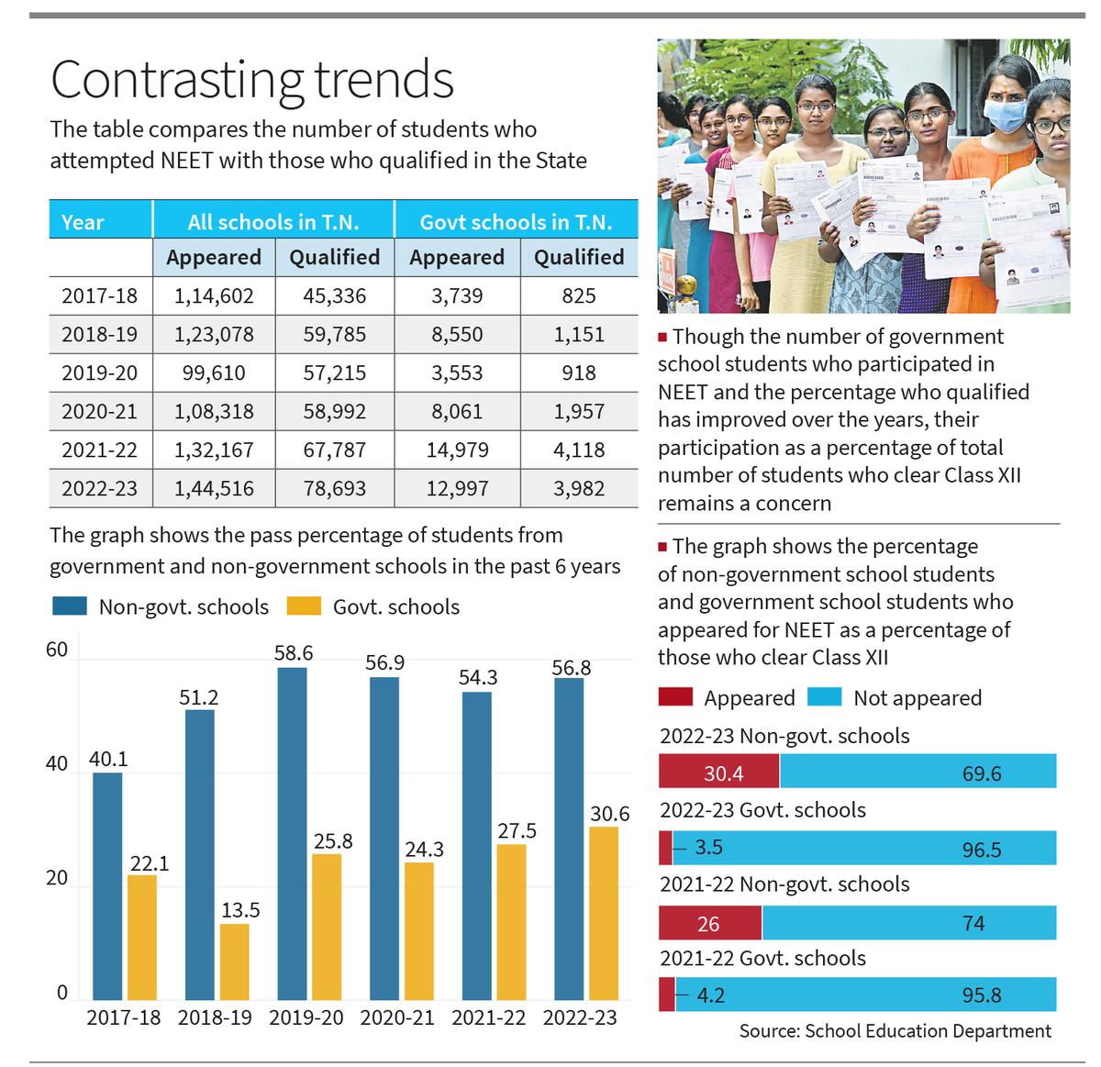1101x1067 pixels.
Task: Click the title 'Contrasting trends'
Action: click(252, 80)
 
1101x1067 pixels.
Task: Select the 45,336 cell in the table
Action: click(334, 295)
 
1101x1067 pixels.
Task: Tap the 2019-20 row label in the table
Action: click(99, 373)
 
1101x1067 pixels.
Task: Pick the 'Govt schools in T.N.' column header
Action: click(516, 222)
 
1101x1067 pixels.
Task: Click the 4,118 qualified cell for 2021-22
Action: click(579, 450)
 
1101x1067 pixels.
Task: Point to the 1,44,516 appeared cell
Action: click(214, 489)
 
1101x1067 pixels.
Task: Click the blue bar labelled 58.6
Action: click(293, 833)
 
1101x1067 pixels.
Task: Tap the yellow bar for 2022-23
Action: click(603, 913)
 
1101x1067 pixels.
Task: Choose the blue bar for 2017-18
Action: click(107, 885)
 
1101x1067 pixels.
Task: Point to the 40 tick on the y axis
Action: click(57, 764)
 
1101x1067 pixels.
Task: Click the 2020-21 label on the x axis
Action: click(396, 1018)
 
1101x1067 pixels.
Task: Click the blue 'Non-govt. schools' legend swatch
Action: click(69, 606)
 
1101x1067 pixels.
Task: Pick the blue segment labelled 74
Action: click(908, 923)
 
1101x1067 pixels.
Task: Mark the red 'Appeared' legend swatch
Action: click(675, 697)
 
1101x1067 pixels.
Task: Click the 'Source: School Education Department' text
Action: click(895, 1031)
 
